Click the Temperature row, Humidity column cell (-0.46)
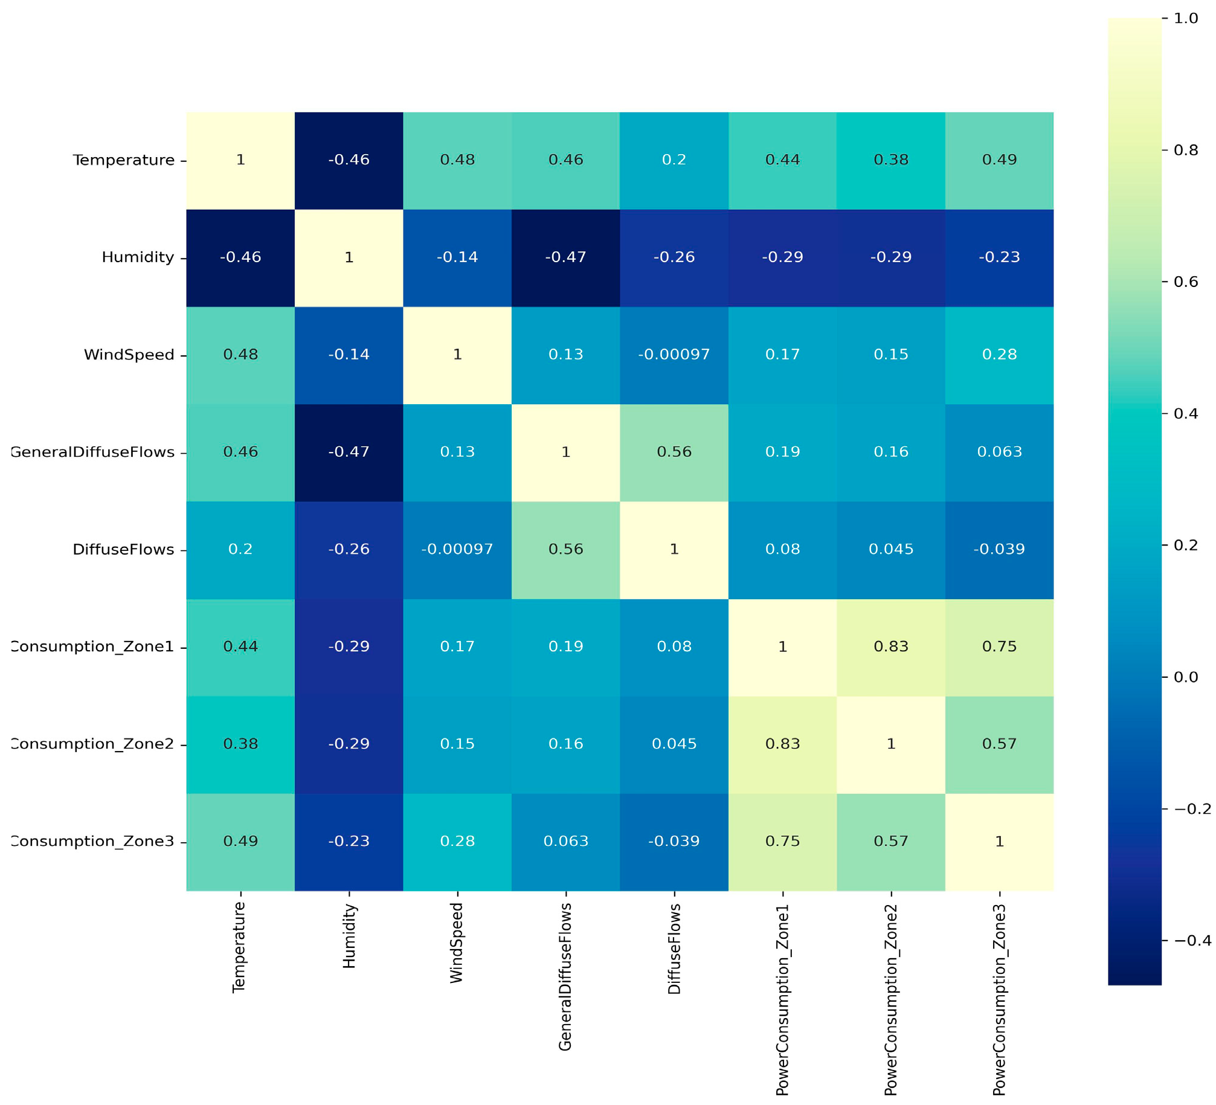349,160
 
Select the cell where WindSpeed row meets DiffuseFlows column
674,355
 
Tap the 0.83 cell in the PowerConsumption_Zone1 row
890,646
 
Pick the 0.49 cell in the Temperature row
999,160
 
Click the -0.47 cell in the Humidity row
565,257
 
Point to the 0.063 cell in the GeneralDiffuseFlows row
999,452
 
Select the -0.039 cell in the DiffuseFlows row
999,549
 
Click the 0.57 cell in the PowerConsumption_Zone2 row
999,744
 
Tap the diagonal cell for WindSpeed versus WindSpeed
457,355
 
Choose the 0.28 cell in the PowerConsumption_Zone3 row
457,841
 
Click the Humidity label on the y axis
138,257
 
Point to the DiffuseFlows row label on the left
123,549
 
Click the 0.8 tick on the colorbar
1185,150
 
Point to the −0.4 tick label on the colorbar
1192,941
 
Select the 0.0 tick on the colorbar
1185,677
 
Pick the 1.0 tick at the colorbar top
1185,19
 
